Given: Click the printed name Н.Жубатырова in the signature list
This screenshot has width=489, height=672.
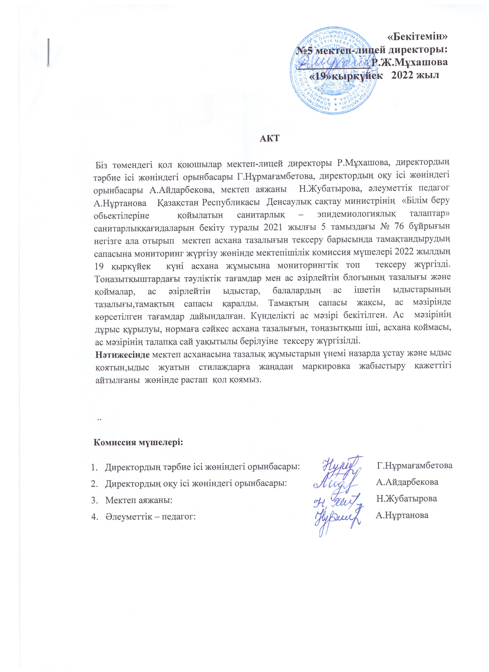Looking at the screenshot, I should click(x=407, y=499).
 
